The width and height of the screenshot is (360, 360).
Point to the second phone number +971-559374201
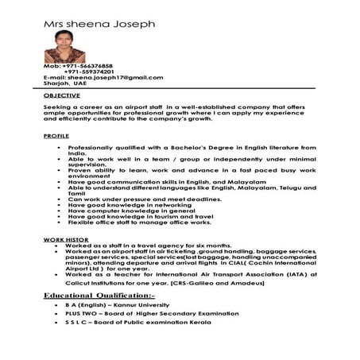(94, 72)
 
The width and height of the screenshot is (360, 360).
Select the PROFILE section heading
(56, 137)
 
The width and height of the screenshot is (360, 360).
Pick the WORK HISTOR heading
(64, 238)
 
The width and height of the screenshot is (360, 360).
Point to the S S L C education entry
(141, 324)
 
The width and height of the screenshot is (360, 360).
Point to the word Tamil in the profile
(75, 192)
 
